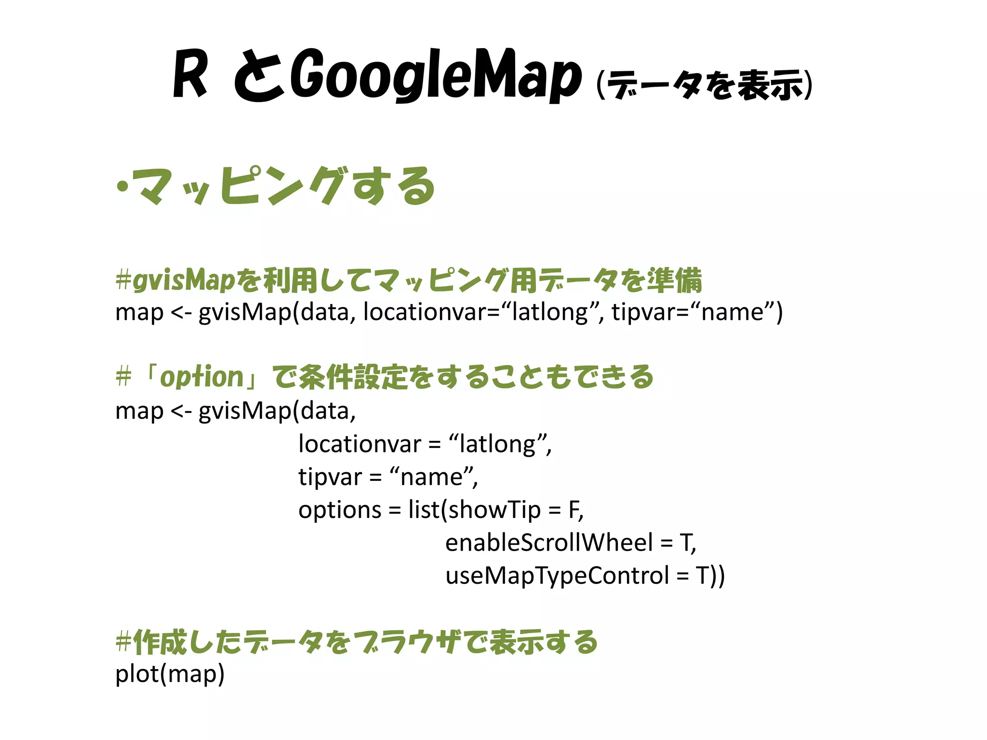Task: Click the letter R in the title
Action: point(190,75)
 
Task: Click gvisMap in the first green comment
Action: point(184,280)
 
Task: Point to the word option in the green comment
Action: point(201,377)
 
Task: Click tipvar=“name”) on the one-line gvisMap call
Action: point(697,312)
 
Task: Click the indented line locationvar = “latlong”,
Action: point(425,444)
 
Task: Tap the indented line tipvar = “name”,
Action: point(388,477)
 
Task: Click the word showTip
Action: point(494,510)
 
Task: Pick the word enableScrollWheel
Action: point(549,542)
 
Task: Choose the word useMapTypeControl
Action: point(557,575)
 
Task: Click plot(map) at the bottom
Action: point(170,674)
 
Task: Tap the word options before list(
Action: point(340,510)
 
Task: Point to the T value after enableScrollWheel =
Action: point(685,542)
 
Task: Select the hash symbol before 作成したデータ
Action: point(123,642)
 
